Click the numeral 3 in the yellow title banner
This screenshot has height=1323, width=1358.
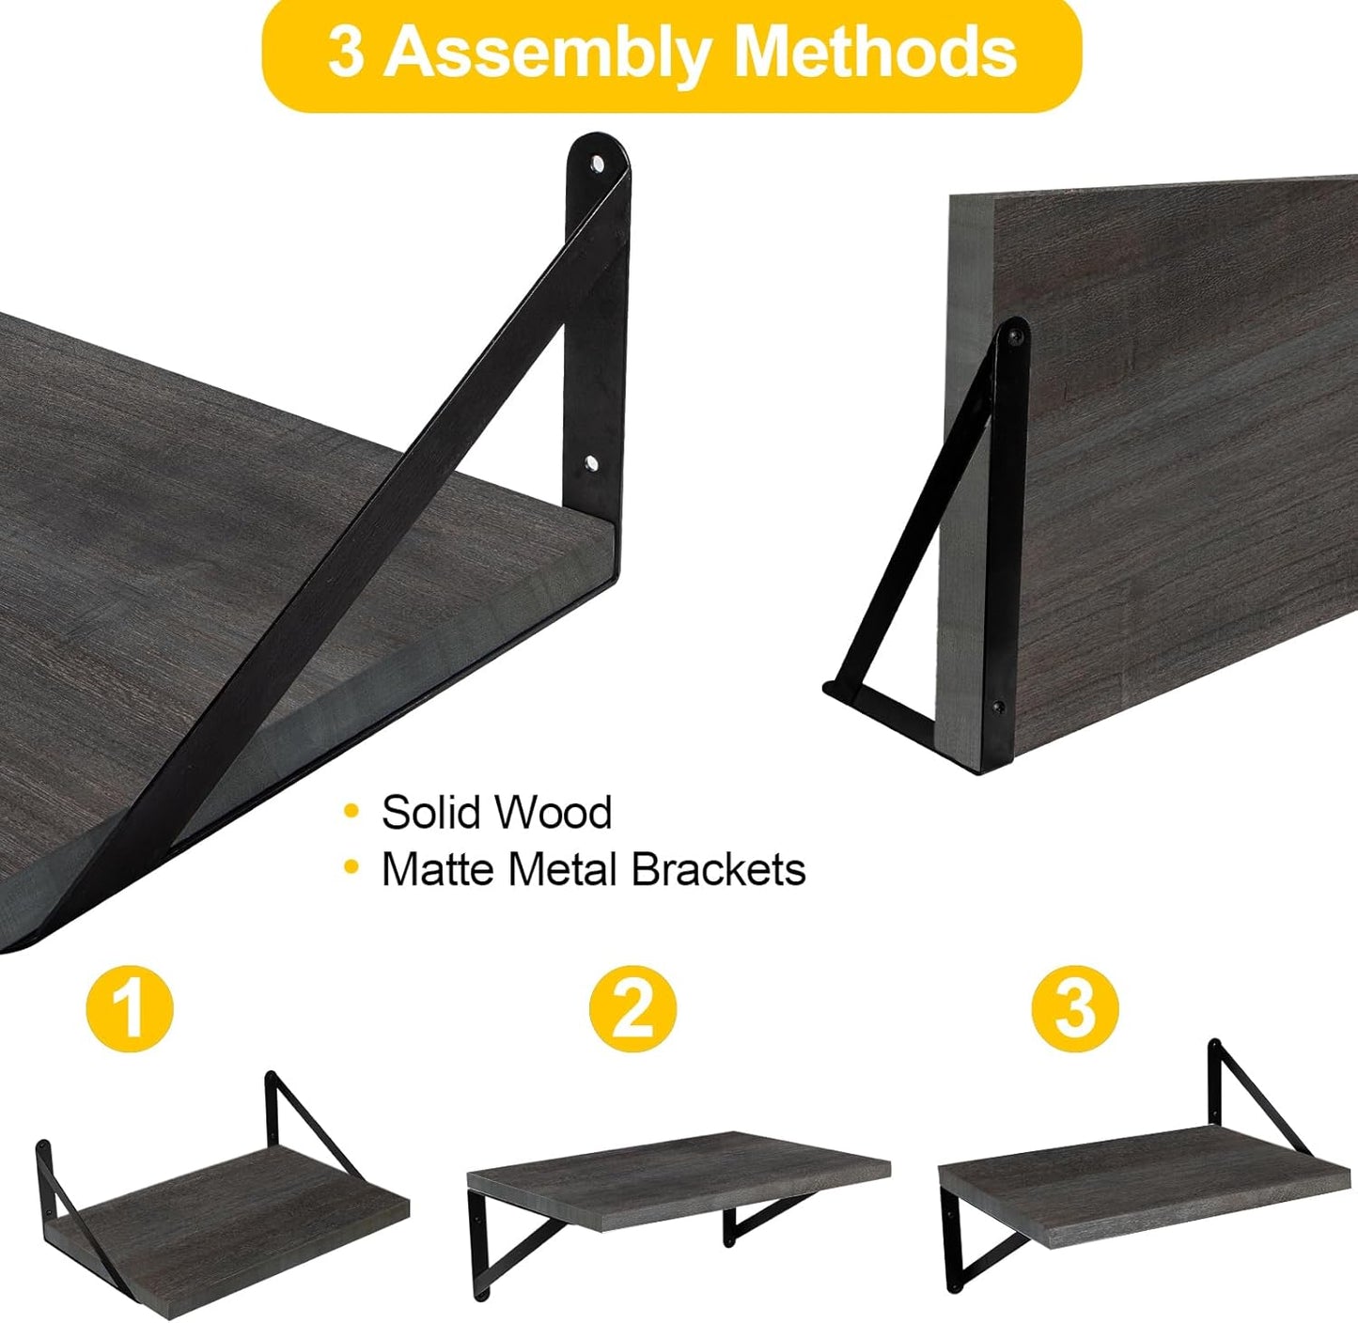346,53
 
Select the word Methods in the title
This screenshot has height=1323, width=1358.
876,53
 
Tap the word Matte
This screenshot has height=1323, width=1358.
438,870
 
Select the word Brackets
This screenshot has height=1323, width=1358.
718,870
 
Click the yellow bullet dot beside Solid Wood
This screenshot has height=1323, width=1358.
352,810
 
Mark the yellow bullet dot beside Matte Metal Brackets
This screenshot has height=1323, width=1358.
352,868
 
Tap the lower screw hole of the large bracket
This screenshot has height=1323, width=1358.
590,463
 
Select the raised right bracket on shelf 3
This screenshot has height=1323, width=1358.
1255,1090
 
